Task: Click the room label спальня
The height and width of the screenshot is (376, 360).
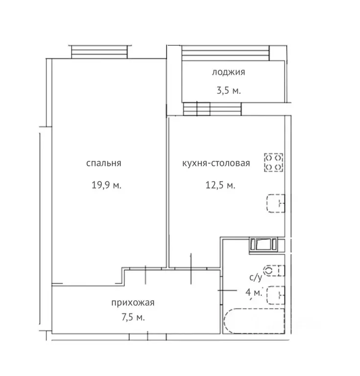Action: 104,164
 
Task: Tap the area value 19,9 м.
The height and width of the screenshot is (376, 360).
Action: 106,185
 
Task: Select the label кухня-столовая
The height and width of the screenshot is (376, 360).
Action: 216,164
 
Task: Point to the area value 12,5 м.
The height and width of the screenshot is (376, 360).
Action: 220,185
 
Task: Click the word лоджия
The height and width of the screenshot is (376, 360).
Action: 228,72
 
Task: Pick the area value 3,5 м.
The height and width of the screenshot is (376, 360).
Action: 229,91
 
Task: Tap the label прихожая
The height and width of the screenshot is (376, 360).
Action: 133,303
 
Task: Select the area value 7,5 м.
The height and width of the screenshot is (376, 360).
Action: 133,317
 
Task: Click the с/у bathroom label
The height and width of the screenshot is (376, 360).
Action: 256,278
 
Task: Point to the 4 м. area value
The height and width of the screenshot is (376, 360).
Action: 254,293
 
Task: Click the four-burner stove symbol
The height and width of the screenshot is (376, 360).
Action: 274,163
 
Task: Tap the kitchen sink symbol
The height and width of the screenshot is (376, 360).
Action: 276,203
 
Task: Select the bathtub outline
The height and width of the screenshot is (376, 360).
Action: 255,321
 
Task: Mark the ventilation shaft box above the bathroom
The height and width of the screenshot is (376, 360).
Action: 264,245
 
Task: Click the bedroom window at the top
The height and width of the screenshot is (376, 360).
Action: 99,52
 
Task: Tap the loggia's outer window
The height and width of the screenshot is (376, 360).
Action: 225,53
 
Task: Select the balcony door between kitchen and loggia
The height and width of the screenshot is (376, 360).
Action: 212,109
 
